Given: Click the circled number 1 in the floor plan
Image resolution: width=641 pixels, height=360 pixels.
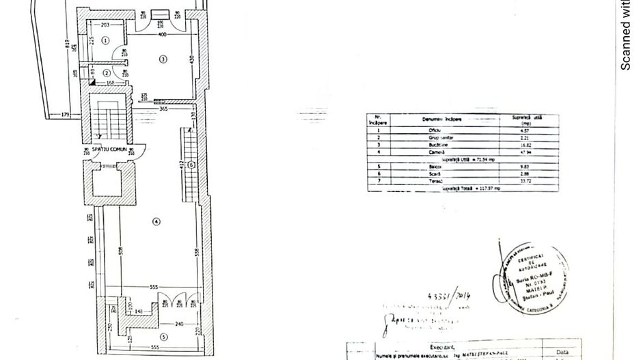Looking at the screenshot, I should tap(105, 40).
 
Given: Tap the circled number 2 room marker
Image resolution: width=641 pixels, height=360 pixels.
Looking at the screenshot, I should tap(107, 72).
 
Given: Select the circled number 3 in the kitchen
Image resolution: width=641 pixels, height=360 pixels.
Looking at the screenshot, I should tap(163, 59).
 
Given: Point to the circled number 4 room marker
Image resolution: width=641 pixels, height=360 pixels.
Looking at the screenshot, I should tap(156, 221).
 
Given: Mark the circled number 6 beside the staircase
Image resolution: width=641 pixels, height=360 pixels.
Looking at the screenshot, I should tap(192, 165).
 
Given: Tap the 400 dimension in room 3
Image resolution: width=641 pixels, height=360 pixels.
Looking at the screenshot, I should tap(163, 33).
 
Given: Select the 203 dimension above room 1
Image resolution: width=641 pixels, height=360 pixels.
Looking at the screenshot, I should tap(105, 24).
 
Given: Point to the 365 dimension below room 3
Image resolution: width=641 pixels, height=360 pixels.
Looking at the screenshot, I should tap(163, 108).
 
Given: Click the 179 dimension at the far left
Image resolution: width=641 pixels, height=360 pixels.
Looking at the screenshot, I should tap(66, 114).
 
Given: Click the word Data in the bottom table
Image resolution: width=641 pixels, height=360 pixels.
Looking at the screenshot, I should tap(561, 352).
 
